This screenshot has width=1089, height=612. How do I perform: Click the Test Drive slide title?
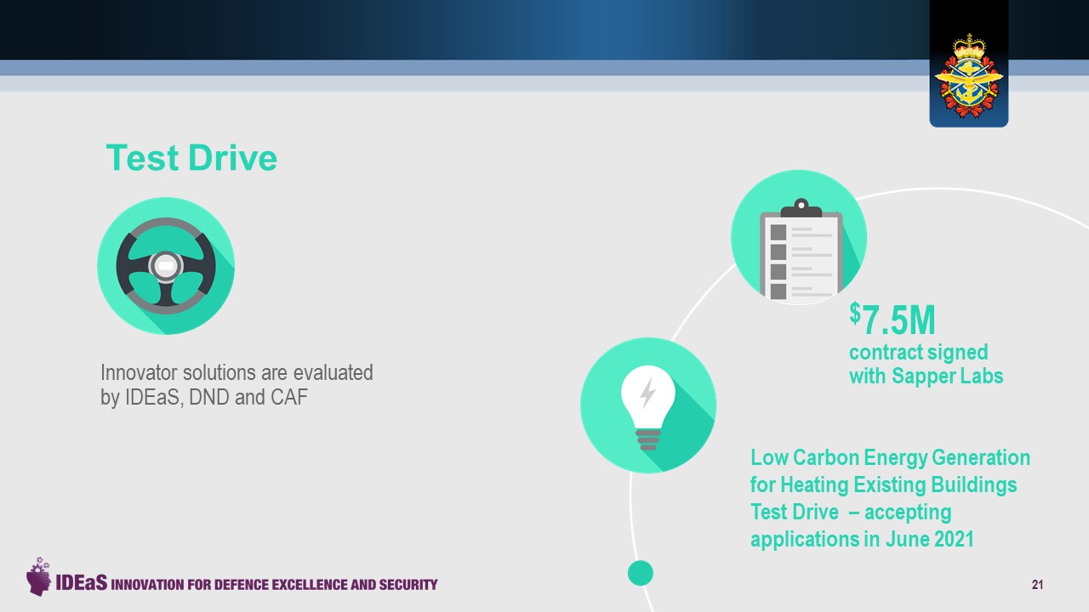pyautogui.click(x=191, y=158)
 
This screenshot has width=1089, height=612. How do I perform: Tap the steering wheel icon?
pyautogui.click(x=166, y=266)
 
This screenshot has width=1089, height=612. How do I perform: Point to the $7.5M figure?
pyautogui.click(x=892, y=319)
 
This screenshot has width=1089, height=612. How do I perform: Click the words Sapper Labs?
pyautogui.click(x=948, y=376)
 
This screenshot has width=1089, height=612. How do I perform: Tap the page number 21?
pyautogui.click(x=1037, y=585)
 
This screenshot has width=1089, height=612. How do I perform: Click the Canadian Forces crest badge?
pyautogui.click(x=968, y=76)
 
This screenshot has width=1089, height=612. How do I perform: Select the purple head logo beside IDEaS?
pyautogui.click(x=38, y=576)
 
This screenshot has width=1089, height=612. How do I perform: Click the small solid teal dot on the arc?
pyautogui.click(x=641, y=573)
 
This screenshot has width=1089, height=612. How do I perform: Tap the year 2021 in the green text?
pyautogui.click(x=952, y=539)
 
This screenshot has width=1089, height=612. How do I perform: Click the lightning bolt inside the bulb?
pyautogui.click(x=647, y=393)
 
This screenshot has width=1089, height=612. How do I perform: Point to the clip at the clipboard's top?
pyautogui.click(x=801, y=208)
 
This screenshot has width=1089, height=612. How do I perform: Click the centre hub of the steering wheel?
pyautogui.click(x=166, y=266)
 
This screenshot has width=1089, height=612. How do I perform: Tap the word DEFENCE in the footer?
pyautogui.click(x=242, y=584)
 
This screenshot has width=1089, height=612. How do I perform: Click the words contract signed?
pyautogui.click(x=918, y=353)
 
